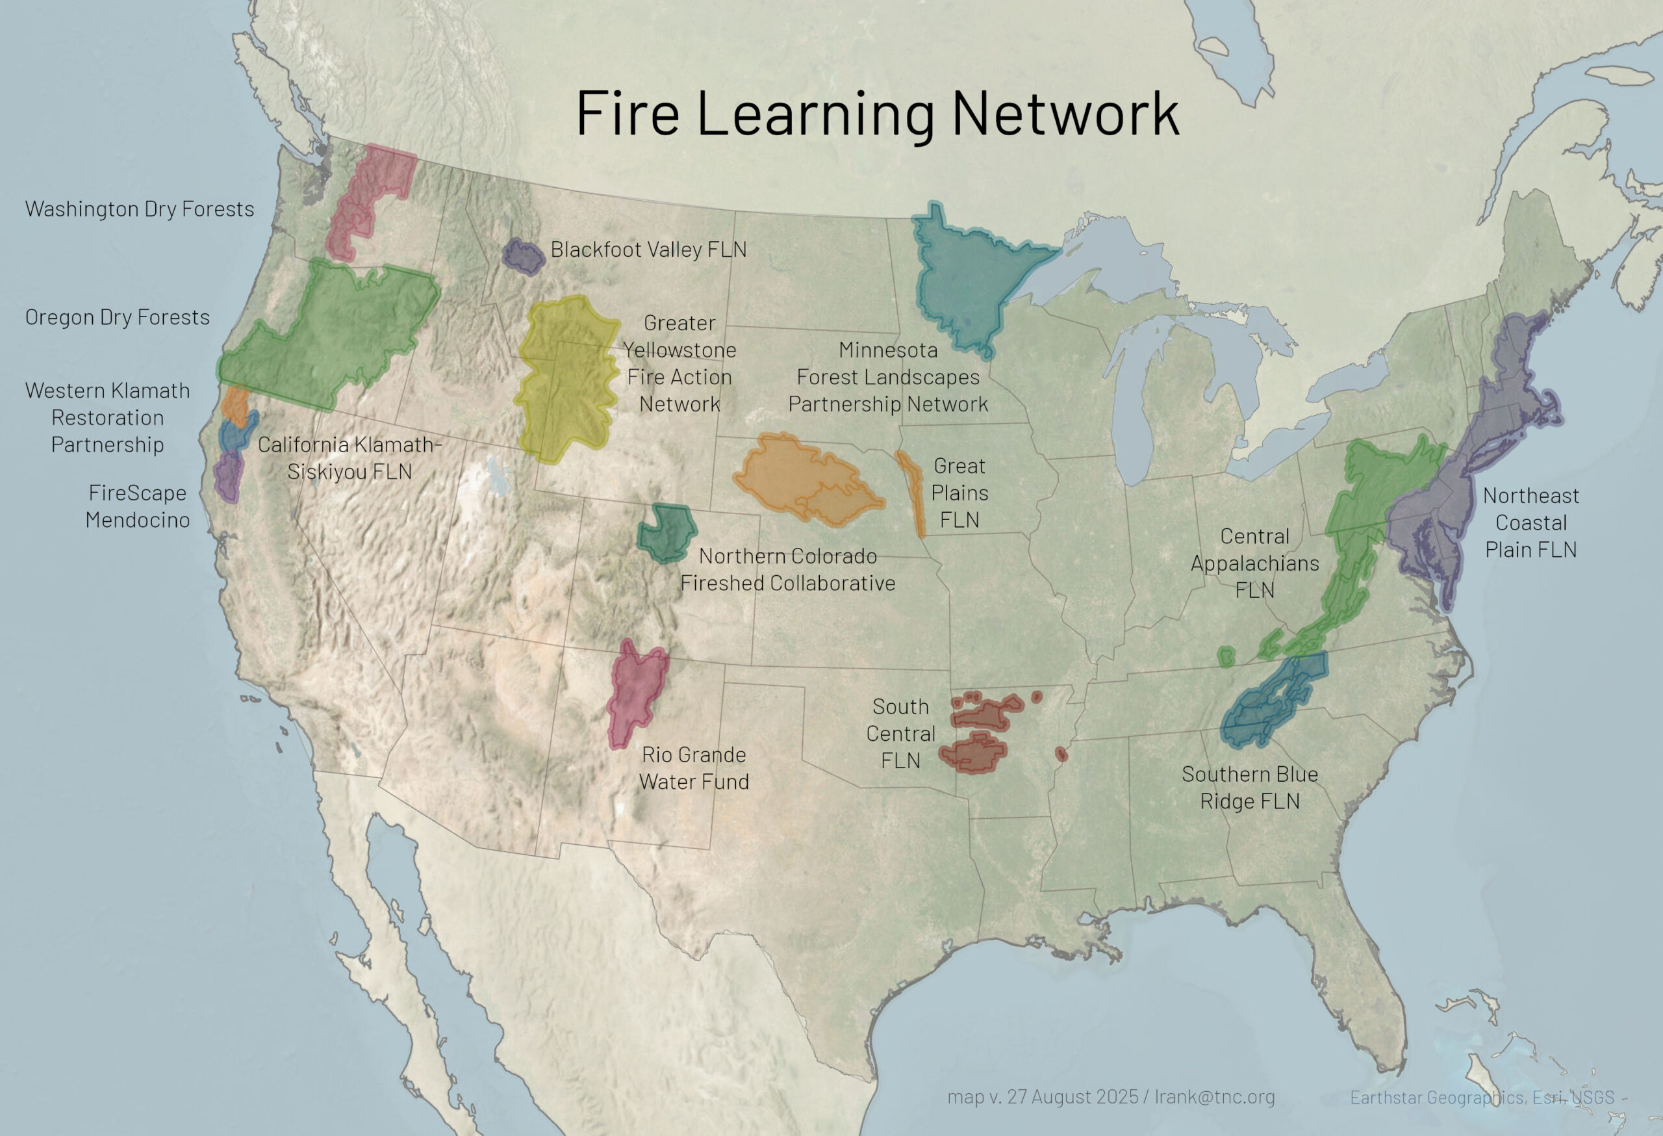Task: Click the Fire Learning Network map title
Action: point(877,113)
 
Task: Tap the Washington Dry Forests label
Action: point(140,209)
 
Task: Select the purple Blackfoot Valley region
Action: point(524,256)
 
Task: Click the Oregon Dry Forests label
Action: point(118,317)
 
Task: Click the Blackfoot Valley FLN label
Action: point(648,250)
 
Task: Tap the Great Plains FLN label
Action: point(959,493)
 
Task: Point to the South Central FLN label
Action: point(900,734)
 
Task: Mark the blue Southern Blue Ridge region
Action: point(1270,701)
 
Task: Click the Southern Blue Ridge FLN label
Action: point(1249,788)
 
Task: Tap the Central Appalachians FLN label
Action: point(1254,563)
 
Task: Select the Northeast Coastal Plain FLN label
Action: point(1530,523)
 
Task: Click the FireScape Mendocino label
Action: point(137,506)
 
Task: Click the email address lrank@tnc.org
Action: point(1214,1096)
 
